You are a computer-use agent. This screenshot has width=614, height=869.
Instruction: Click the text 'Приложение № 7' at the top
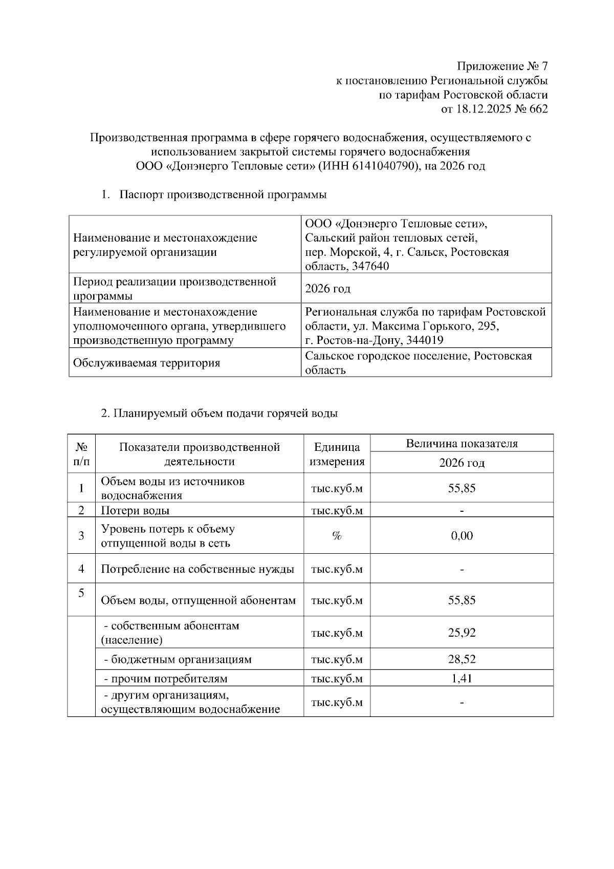pos(502,67)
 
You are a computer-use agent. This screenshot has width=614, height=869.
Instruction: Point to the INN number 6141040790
pos(382,166)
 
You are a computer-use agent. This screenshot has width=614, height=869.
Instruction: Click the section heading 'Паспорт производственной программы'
pos(223,195)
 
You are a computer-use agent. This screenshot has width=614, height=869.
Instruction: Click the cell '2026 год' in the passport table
pos(327,289)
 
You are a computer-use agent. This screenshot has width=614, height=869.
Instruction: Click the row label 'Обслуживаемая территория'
pos(146,363)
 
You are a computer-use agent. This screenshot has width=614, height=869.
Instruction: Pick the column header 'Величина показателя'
pos(462,444)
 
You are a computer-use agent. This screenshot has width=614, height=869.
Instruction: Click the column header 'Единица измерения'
pos(337,454)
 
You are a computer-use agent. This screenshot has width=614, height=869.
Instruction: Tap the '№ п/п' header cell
pos(81,454)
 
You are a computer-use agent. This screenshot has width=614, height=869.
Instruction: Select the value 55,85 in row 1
pos(462,488)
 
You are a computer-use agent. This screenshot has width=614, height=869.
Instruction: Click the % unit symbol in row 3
pos(337,536)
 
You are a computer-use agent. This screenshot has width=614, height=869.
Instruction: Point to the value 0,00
pos(462,536)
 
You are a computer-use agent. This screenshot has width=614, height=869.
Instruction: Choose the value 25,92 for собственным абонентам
pos(462,633)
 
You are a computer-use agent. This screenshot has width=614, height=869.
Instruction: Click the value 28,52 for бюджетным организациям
pos(462,660)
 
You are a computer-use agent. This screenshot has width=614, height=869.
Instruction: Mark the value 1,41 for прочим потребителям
pos(462,679)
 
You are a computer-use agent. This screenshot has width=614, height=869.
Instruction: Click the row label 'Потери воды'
pos(135,511)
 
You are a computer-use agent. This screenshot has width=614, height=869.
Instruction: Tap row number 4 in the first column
pos(81,569)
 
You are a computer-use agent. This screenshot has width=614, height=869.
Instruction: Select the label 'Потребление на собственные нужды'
pos(198,569)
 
